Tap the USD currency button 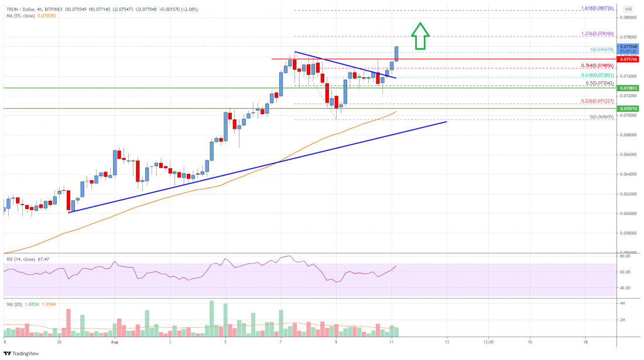[x=628, y=9]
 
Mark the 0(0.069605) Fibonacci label [x=601, y=117]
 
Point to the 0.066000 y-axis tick [x=630, y=155]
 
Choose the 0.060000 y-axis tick [x=630, y=213]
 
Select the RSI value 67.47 [x=45, y=259]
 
